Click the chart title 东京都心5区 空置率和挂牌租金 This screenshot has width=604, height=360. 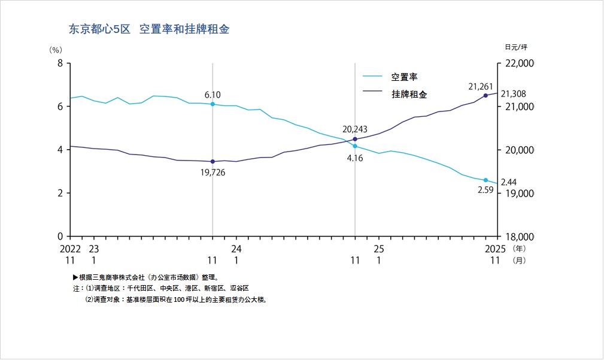pyautogui.click(x=150, y=29)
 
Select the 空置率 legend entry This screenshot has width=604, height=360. pyautogui.click(x=404, y=77)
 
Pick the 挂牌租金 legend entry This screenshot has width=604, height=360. pyautogui.click(x=409, y=94)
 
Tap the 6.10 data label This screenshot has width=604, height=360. pyautogui.click(x=213, y=95)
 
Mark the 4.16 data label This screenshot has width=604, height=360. pyautogui.click(x=356, y=159)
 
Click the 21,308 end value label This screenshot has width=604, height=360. pyautogui.click(x=513, y=94)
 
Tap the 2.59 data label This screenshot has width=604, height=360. pyautogui.click(x=485, y=190)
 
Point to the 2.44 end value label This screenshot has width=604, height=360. pyautogui.click(x=508, y=182)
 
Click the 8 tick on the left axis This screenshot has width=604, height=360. pyautogui.click(x=60, y=63)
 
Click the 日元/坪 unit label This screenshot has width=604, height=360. pyautogui.click(x=516, y=47)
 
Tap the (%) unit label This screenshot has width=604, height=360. pyautogui.click(x=56, y=50)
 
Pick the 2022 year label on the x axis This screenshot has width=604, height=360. pyautogui.click(x=70, y=249)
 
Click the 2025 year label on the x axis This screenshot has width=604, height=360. pyautogui.click(x=495, y=249)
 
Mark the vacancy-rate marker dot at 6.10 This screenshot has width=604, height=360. pyautogui.click(x=213, y=104)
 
